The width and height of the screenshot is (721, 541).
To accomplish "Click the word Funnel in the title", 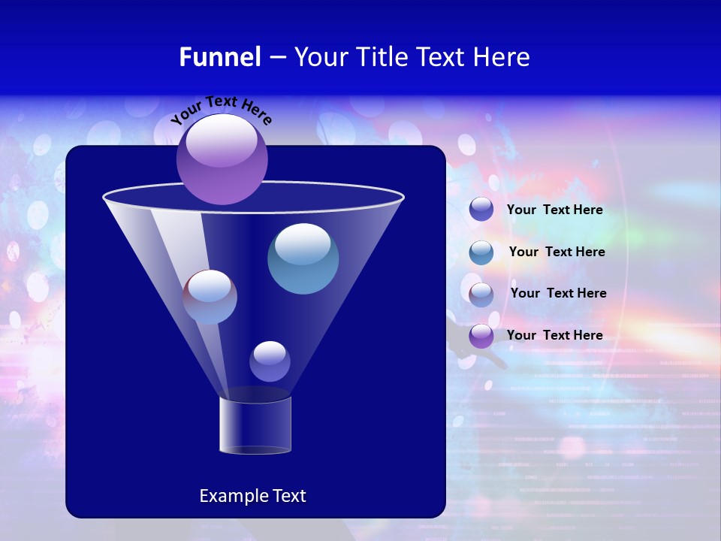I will click(219, 57).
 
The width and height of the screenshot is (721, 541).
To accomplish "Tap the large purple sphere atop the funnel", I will click(222, 159).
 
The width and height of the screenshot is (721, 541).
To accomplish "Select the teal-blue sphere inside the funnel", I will click(303, 258).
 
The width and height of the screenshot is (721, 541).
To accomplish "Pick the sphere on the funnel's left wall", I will click(210, 297).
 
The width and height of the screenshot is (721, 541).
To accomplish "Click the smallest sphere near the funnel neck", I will click(270, 361).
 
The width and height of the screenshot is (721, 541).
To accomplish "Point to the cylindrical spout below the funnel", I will click(255, 425).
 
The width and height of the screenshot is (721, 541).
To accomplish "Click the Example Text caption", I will click(253, 496).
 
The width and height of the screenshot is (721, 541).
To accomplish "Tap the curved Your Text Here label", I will click(221, 110).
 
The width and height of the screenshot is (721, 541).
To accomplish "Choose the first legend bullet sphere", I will click(481, 210).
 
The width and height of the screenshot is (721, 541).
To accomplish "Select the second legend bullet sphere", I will click(481, 252).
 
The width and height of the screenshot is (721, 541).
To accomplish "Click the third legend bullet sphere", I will click(481, 294).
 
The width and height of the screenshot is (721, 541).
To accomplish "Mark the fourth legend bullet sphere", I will click(481, 336).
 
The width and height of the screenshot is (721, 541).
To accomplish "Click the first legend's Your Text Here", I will click(555, 210).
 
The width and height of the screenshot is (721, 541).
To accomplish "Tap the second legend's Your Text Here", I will click(557, 252).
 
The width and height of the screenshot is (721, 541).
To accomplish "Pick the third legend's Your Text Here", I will click(558, 293).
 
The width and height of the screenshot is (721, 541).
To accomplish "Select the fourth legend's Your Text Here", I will click(555, 335).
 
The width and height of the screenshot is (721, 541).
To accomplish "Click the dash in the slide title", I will click(276, 58).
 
